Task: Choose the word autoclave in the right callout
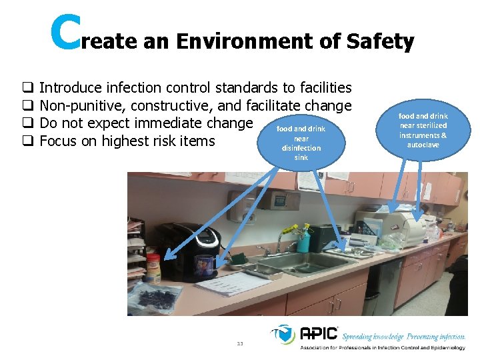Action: (423, 145)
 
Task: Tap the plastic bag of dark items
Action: (156, 297)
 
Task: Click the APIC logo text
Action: (319, 333)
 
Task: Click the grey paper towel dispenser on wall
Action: (243, 200)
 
